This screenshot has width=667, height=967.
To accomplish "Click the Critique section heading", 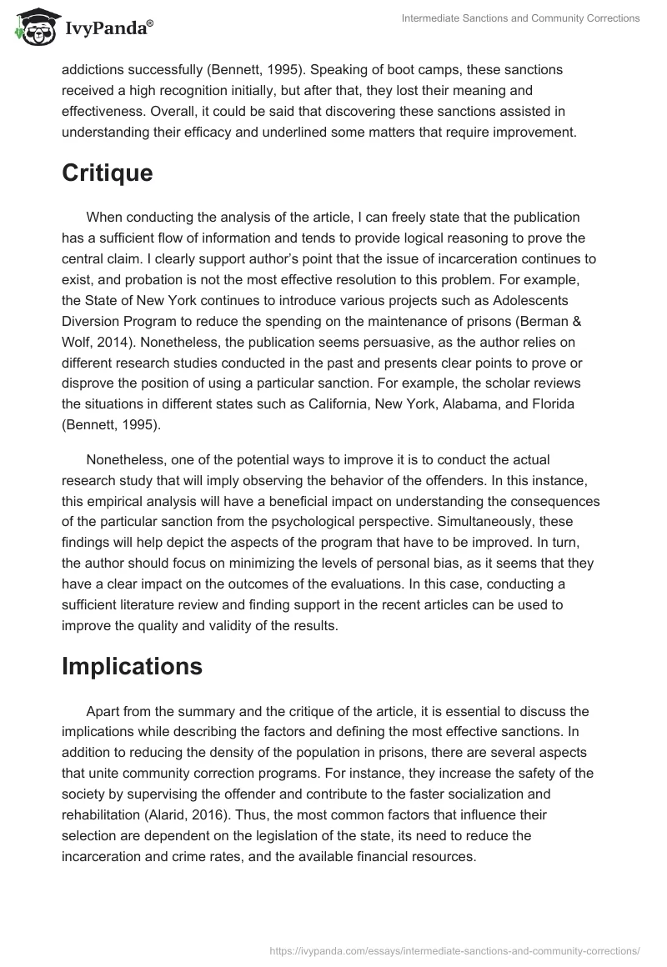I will coord(108,173).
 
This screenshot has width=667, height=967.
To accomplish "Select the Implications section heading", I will coord(132,666).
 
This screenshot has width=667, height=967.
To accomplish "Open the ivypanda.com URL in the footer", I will coord(455,949).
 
